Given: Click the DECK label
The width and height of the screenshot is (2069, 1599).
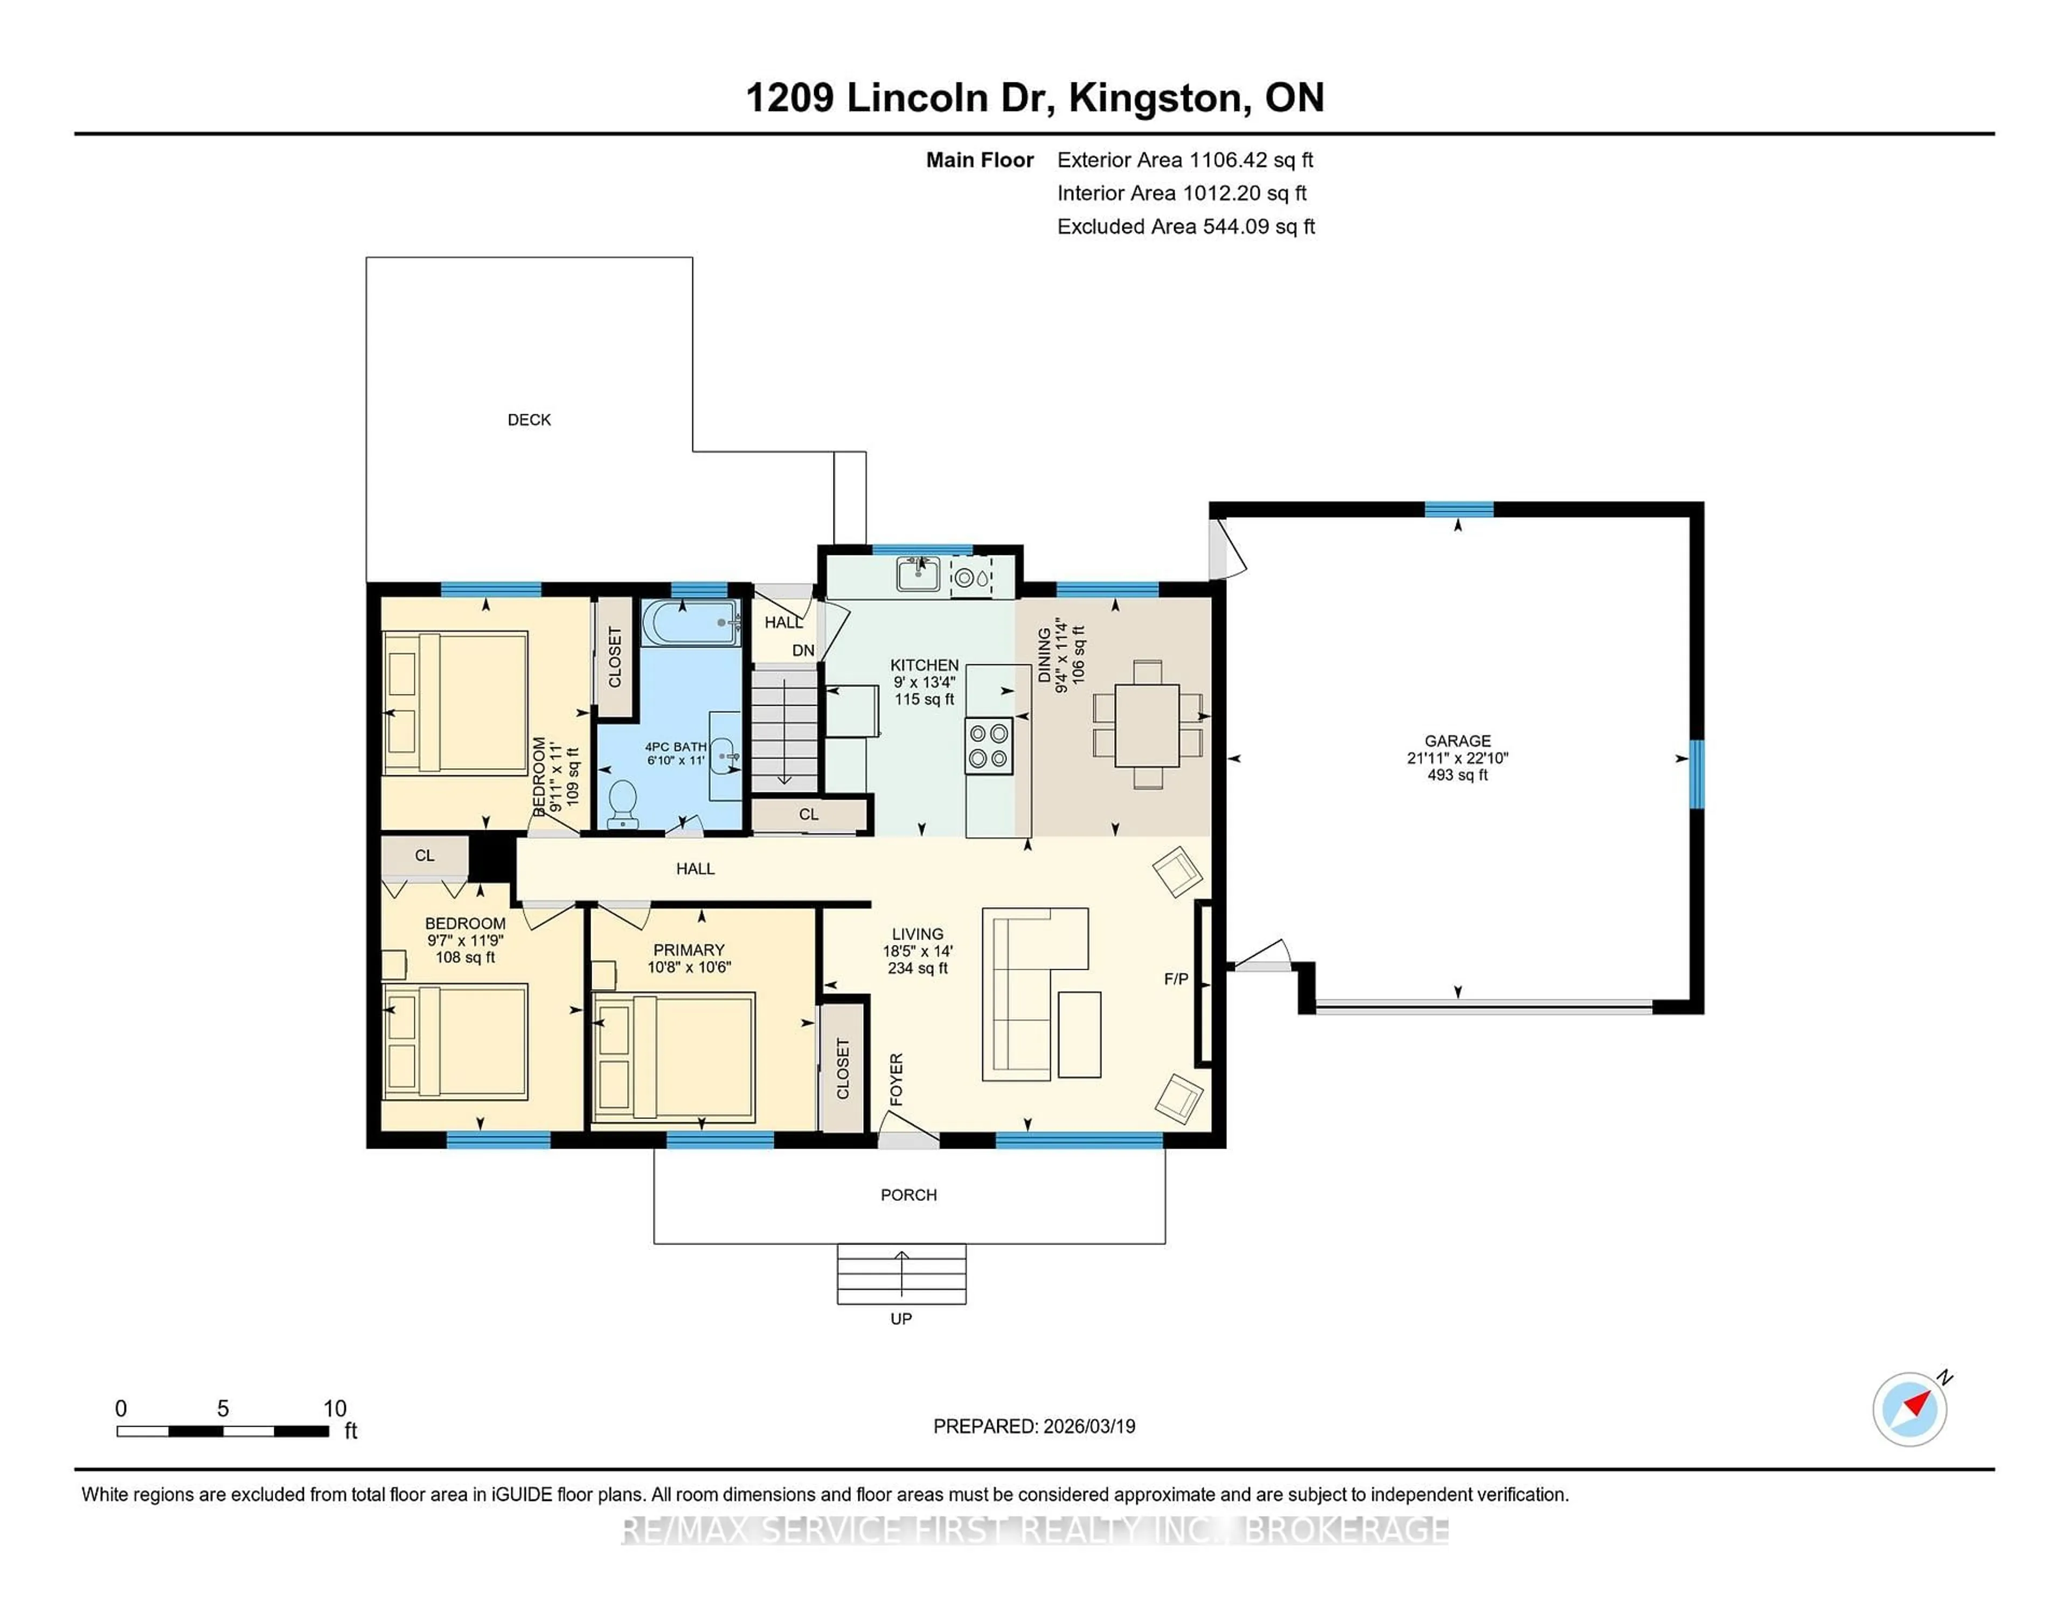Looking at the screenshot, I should click(x=529, y=420).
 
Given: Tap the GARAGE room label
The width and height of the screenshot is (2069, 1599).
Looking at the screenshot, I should click(x=1457, y=741).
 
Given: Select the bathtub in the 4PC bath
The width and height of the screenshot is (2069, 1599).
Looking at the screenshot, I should click(x=691, y=622).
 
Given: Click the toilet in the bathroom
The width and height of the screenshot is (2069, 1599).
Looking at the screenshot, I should click(x=622, y=803).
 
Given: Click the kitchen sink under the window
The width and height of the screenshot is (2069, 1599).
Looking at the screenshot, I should click(x=918, y=574).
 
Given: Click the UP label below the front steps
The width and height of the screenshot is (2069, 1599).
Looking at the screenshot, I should click(x=901, y=1319).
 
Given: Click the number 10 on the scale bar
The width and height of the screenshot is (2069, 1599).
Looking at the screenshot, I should click(x=335, y=1409).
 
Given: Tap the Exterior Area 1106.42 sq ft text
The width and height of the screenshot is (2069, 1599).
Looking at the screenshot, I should click(x=1185, y=160).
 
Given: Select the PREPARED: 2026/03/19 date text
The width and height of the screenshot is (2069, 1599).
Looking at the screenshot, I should click(x=1033, y=1426).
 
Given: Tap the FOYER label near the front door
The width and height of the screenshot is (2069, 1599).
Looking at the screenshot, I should click(x=896, y=1079).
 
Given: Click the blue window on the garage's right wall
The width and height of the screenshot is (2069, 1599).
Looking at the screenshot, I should click(x=1697, y=774).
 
